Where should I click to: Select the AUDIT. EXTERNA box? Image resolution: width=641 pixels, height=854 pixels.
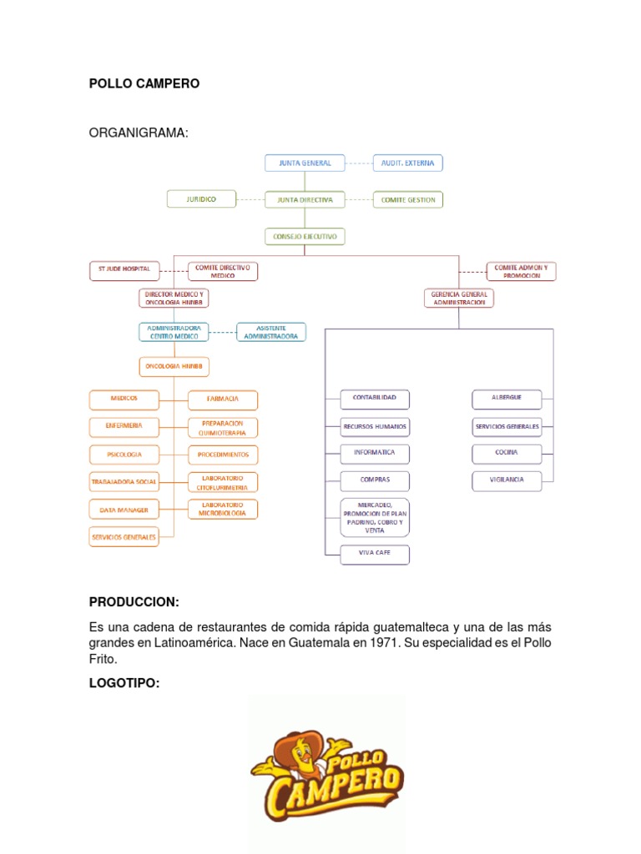point(407,163)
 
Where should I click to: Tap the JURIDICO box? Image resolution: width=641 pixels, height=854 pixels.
point(201,199)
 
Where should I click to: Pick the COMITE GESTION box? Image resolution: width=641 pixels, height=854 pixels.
point(408,200)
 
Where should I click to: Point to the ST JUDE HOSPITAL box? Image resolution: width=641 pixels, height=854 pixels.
point(124,269)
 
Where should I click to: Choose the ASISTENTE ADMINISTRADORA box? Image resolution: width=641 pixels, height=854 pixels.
point(270,332)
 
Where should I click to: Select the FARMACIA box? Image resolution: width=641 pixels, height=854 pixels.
point(222,399)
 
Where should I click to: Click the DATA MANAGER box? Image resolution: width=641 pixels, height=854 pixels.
point(124,508)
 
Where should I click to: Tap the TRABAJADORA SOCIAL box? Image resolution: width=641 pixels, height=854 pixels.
point(124,481)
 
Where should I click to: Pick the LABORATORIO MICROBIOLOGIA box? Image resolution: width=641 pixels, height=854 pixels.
point(222,509)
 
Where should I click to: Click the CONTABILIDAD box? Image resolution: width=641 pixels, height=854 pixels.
point(375,399)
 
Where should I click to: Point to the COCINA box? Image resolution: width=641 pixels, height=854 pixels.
point(506,452)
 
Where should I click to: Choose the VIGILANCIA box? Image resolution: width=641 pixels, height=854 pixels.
point(506,480)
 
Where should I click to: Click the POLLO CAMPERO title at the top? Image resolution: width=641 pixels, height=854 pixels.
point(144,84)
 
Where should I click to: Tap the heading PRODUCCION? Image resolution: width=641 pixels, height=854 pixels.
point(134,602)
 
